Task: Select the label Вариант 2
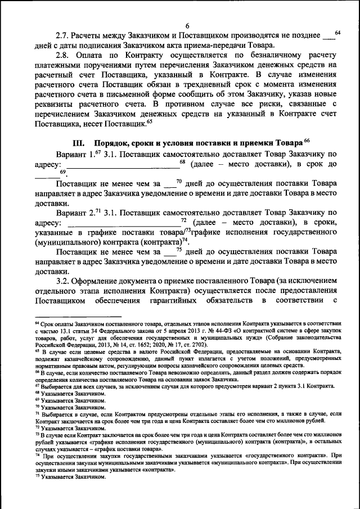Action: [73, 213]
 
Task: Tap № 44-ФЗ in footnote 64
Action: [223, 332]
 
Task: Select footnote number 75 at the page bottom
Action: [37, 476]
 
